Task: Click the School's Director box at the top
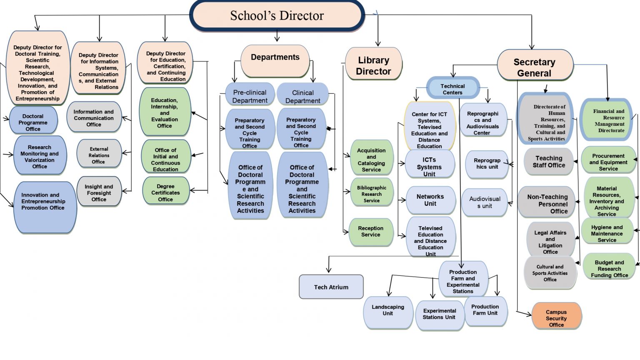(277, 16)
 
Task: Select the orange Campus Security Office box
(556, 317)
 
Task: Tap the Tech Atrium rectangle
(331, 287)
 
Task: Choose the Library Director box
(373, 65)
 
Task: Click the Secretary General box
(535, 67)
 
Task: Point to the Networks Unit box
(430, 200)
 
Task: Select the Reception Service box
(371, 231)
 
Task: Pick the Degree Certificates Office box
(165, 192)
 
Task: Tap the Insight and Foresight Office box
(99, 192)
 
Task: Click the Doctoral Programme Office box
(33, 122)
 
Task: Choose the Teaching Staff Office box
(549, 162)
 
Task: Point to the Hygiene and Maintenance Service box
(607, 233)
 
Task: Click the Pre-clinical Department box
(250, 96)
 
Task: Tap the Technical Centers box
(452, 89)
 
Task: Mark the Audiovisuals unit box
(485, 202)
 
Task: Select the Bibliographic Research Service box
(371, 194)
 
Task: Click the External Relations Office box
(99, 155)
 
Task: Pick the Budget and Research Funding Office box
(609, 268)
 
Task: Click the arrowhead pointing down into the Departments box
(277, 39)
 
